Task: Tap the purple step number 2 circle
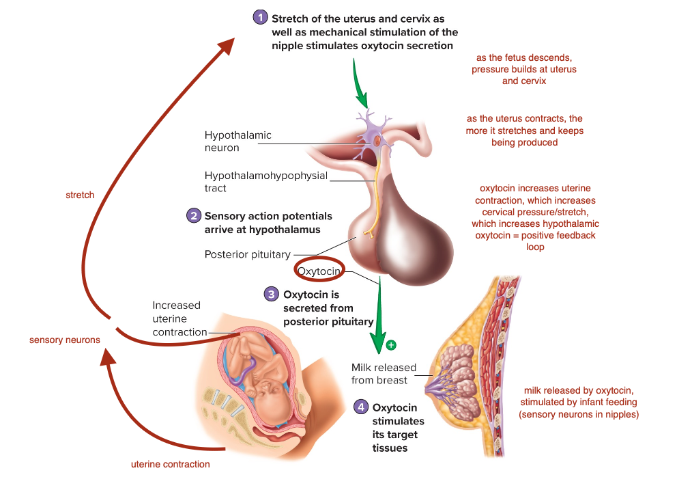point(194,215)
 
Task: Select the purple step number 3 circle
point(272,295)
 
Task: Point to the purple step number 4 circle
point(360,407)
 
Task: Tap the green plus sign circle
point(391,345)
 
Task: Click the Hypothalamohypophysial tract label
point(265,182)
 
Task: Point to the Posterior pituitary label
point(247,255)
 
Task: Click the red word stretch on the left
point(80,195)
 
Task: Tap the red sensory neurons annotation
point(65,340)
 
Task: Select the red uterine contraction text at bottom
point(170,464)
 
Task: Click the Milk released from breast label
point(384,374)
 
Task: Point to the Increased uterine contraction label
point(179,319)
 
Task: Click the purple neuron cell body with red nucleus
point(376,139)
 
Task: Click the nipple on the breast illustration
point(428,389)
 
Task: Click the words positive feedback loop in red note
point(536,241)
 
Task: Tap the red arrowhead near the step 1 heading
point(227,44)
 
